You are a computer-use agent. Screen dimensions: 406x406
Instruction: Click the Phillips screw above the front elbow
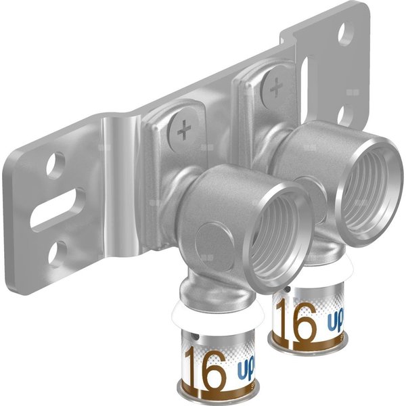point(183,131)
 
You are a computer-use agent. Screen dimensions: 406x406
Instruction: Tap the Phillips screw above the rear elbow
point(275,87)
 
